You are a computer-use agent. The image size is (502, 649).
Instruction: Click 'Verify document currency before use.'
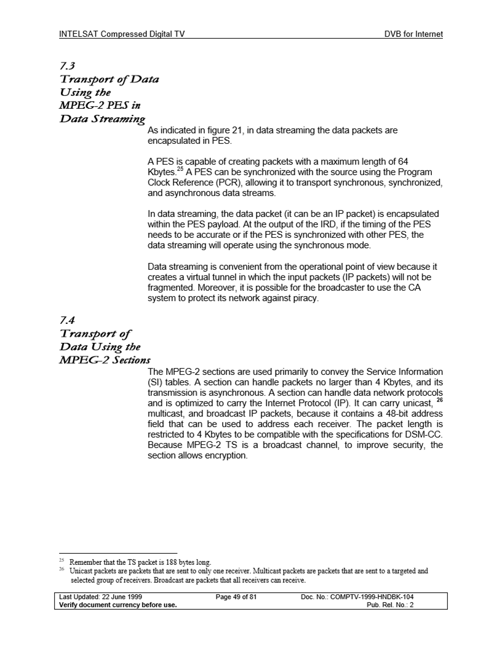coord(118,604)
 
